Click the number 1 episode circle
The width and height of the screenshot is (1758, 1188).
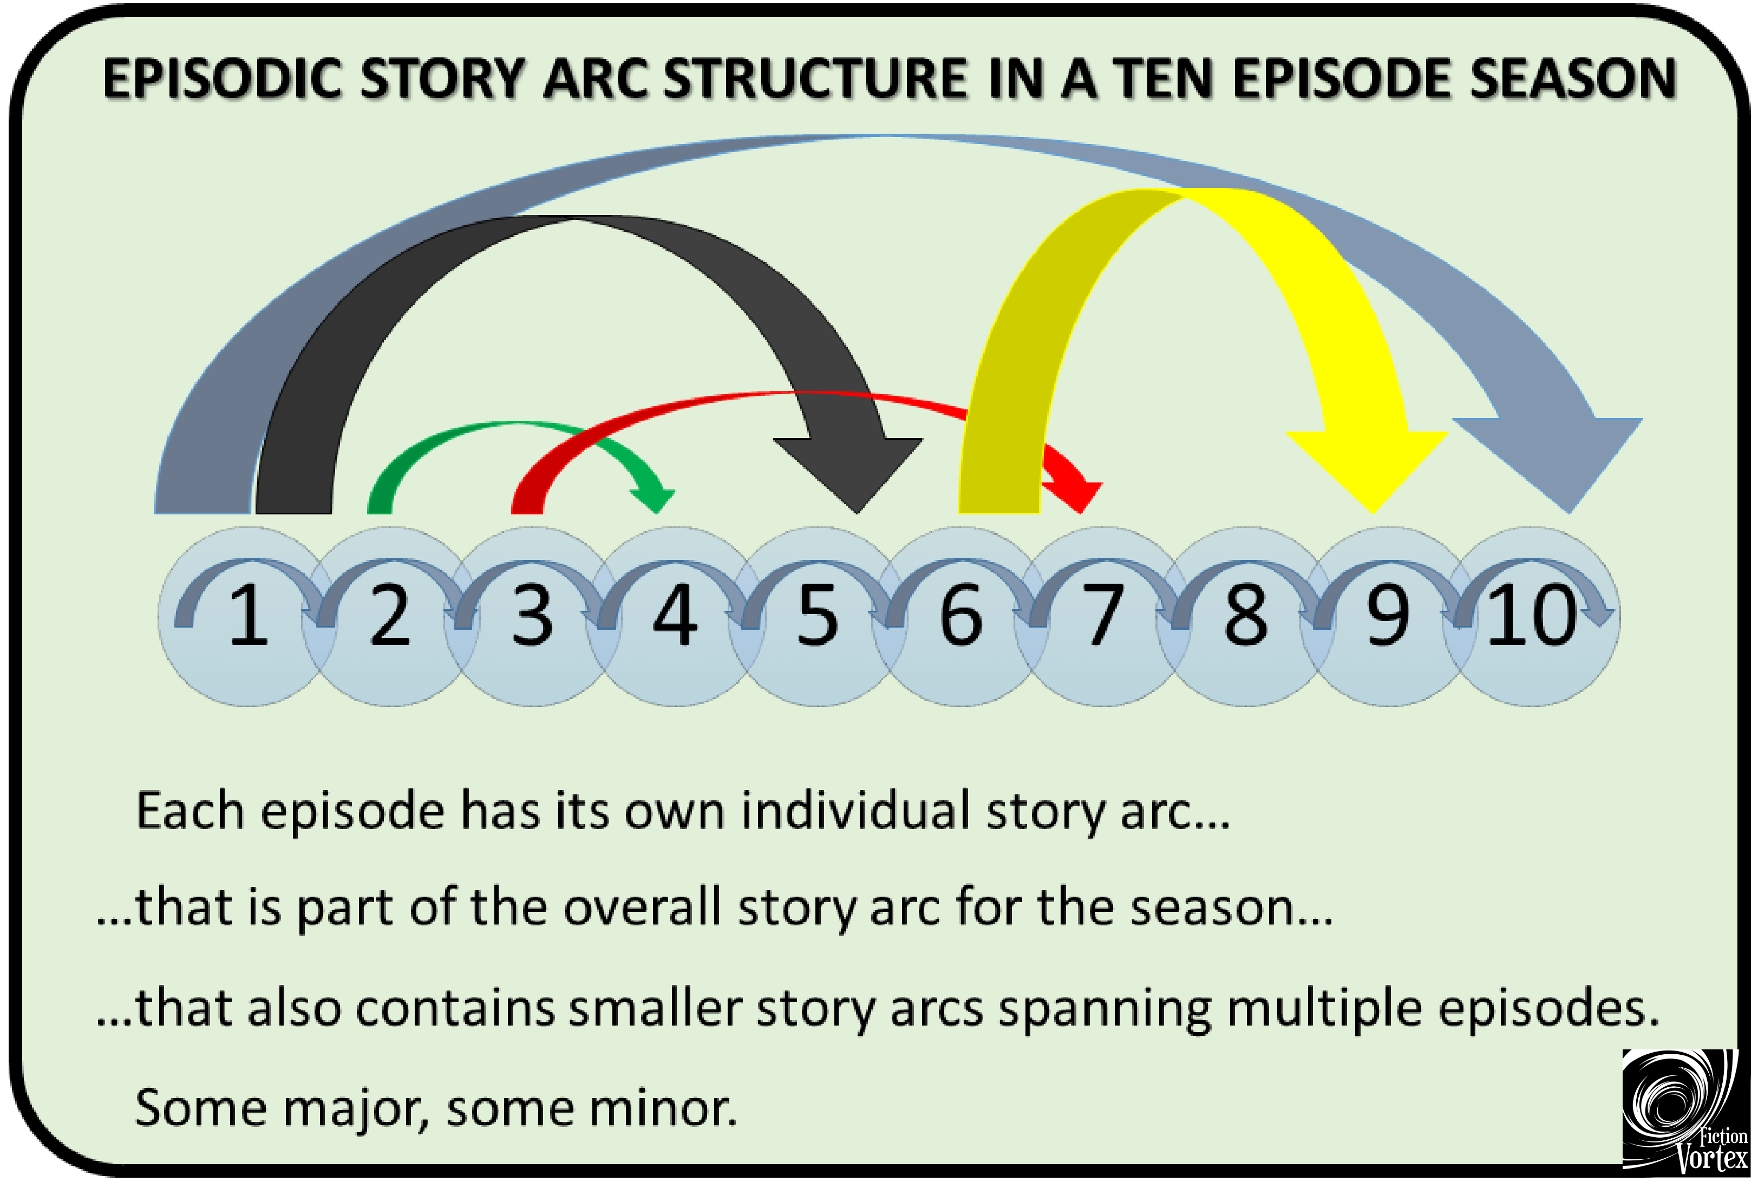[x=248, y=617]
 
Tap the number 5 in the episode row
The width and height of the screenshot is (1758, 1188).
[x=818, y=616]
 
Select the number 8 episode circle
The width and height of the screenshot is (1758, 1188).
[x=1245, y=617]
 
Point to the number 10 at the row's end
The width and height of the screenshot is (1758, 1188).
[x=1532, y=616]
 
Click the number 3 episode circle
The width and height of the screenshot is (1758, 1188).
[x=533, y=617]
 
